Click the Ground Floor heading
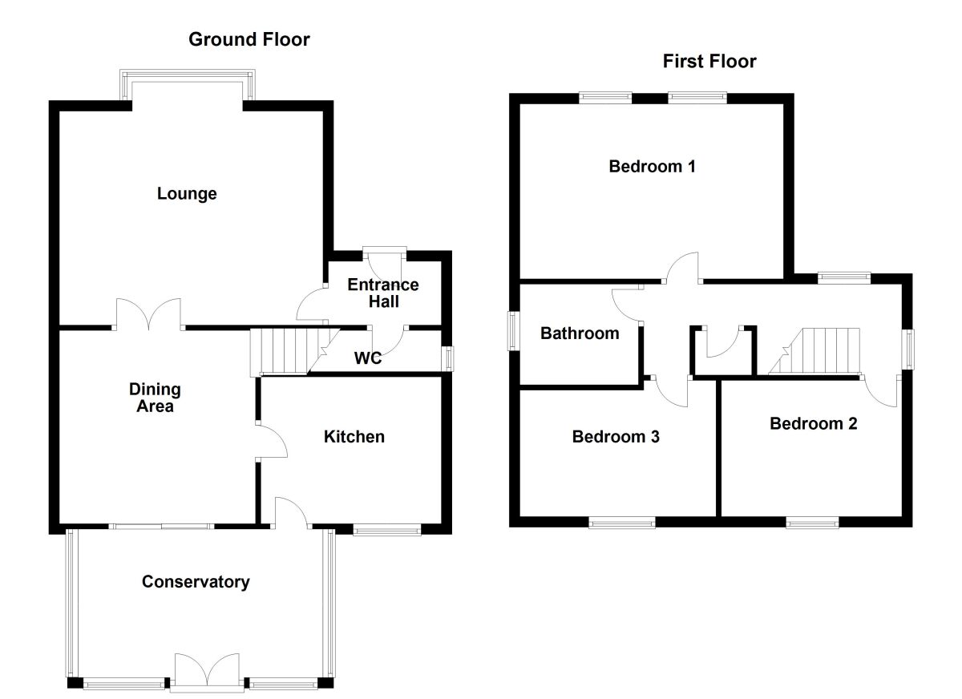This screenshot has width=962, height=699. click(249, 39)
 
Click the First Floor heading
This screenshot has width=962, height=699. click(709, 62)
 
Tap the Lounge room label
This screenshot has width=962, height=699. click(187, 194)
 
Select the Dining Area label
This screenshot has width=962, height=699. click(155, 398)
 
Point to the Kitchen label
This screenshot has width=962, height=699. click(354, 437)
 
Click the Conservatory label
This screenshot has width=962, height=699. click(196, 582)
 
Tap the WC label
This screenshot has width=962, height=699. click(368, 358)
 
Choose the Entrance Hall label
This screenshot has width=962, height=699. click(383, 293)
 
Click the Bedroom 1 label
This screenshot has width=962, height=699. click(652, 167)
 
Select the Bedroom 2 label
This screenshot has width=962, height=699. click(813, 423)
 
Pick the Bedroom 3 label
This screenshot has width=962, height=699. click(616, 437)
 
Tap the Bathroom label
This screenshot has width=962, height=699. click(580, 333)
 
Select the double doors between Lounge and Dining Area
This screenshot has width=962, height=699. click(149, 314)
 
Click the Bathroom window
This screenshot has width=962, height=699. click(513, 330)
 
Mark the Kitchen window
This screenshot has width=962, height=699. click(387, 529)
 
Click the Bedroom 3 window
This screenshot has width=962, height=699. click(622, 523)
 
